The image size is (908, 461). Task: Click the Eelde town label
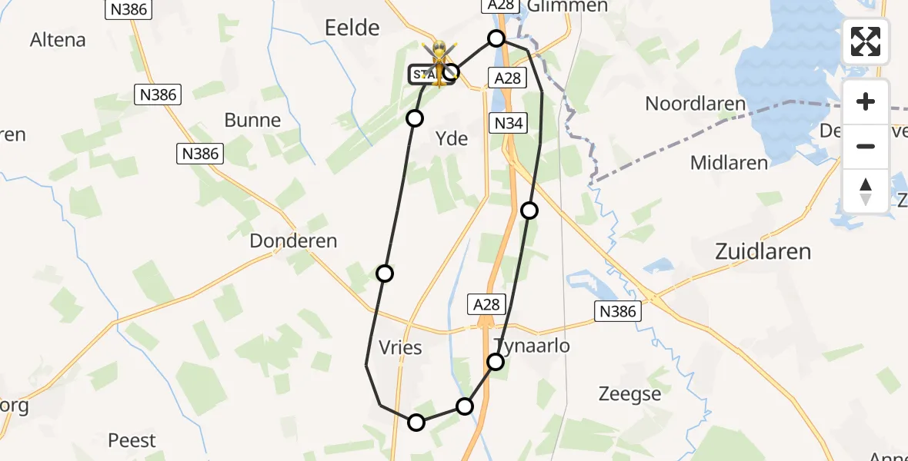click(352, 28)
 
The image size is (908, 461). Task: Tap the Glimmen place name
click(569, 6)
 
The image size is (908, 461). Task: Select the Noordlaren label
click(696, 104)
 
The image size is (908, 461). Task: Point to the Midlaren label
click(729, 163)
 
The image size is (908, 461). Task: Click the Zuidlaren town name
click(763, 251)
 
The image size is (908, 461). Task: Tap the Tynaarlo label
click(532, 346)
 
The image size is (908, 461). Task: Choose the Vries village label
click(401, 347)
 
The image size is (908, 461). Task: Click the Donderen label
click(293, 240)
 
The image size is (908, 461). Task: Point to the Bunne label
click(252, 121)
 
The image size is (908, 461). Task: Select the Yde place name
click(452, 138)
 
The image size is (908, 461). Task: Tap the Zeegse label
click(629, 394)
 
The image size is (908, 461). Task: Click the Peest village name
click(132, 440)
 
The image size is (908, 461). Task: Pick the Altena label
click(58, 40)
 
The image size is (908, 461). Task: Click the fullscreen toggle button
click(866, 41)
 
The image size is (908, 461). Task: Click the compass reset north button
click(866, 191)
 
